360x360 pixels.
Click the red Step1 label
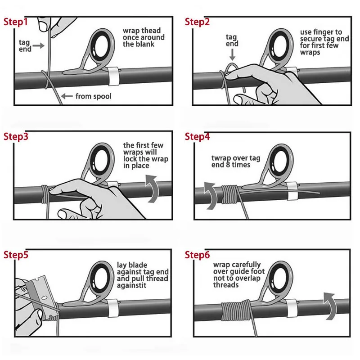coord(16,22)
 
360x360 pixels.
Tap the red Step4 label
coord(197,136)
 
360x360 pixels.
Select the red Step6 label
coord(197,255)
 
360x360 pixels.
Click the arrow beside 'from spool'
coord(67,96)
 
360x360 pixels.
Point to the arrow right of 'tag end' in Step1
coord(38,45)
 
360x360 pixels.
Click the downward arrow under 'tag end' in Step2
coord(232,54)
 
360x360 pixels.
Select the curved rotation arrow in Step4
coord(211,196)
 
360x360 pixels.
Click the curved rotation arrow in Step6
coord(330,306)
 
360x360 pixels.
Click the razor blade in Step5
coord(41,296)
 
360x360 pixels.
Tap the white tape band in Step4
coord(292,191)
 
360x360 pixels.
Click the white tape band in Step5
coord(113,308)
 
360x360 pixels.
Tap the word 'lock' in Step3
coord(130,159)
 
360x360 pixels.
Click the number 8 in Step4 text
coord(228,165)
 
